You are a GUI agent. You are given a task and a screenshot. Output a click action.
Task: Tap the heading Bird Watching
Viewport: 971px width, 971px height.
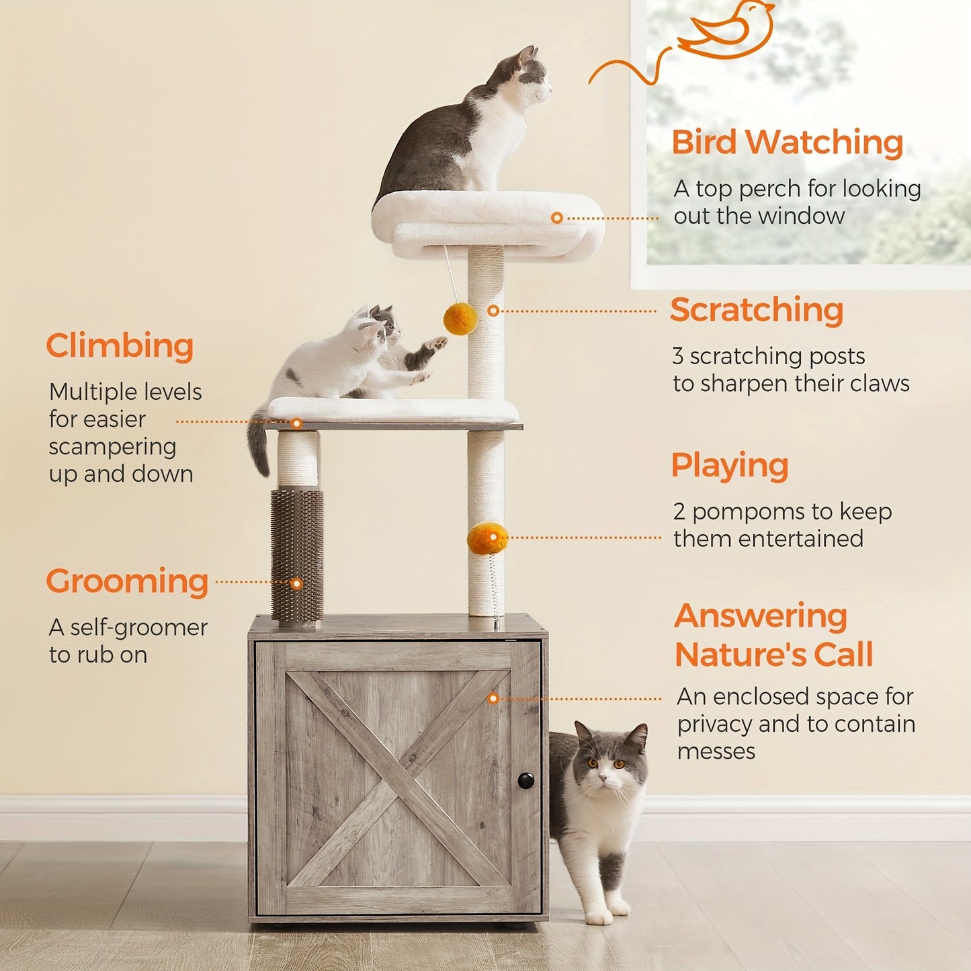787,142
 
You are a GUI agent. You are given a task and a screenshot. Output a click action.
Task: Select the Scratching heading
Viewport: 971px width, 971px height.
756,310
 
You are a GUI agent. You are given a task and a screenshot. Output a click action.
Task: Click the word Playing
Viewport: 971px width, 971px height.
730,466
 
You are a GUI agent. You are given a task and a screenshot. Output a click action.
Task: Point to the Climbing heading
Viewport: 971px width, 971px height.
120,346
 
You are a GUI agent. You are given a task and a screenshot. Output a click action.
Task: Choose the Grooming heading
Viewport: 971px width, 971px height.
127,581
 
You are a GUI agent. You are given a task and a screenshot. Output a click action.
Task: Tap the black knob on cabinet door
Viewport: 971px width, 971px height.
525,780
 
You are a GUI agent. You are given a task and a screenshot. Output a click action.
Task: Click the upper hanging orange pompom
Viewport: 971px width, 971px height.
460,319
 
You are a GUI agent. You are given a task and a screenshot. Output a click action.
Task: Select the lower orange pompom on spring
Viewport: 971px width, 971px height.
487,538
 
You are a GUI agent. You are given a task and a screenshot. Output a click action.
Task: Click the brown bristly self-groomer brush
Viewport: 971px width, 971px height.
297,554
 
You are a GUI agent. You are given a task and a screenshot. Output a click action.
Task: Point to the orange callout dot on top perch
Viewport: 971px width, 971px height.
556,218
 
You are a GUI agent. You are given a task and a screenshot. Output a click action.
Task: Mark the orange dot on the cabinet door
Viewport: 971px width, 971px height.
493,699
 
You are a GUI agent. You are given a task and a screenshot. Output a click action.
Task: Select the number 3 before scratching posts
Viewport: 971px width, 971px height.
678,356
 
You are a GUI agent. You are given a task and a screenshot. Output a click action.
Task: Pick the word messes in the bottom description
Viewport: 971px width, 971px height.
716,751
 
